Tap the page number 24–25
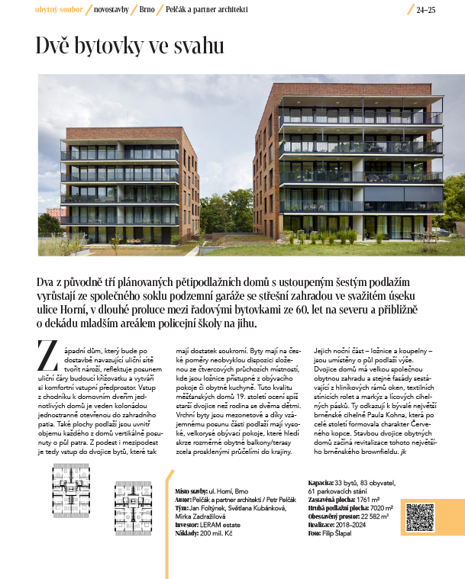tap(425, 10)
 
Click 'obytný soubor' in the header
tap(59, 9)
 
